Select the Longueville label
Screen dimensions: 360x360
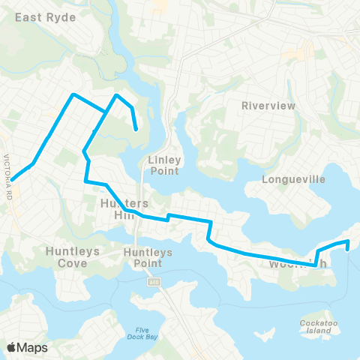292,179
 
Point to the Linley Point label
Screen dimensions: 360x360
163,165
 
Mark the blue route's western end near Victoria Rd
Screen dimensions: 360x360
12,179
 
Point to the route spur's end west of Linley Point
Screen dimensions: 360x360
136,130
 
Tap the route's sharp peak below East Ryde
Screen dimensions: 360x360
73,94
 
